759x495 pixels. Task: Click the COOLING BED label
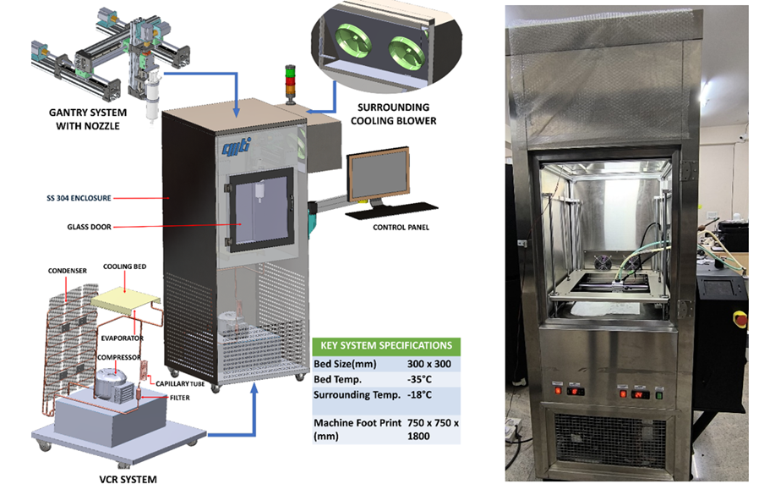[121, 267]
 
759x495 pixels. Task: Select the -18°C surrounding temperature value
[416, 394]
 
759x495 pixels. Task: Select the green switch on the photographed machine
[658, 393]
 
